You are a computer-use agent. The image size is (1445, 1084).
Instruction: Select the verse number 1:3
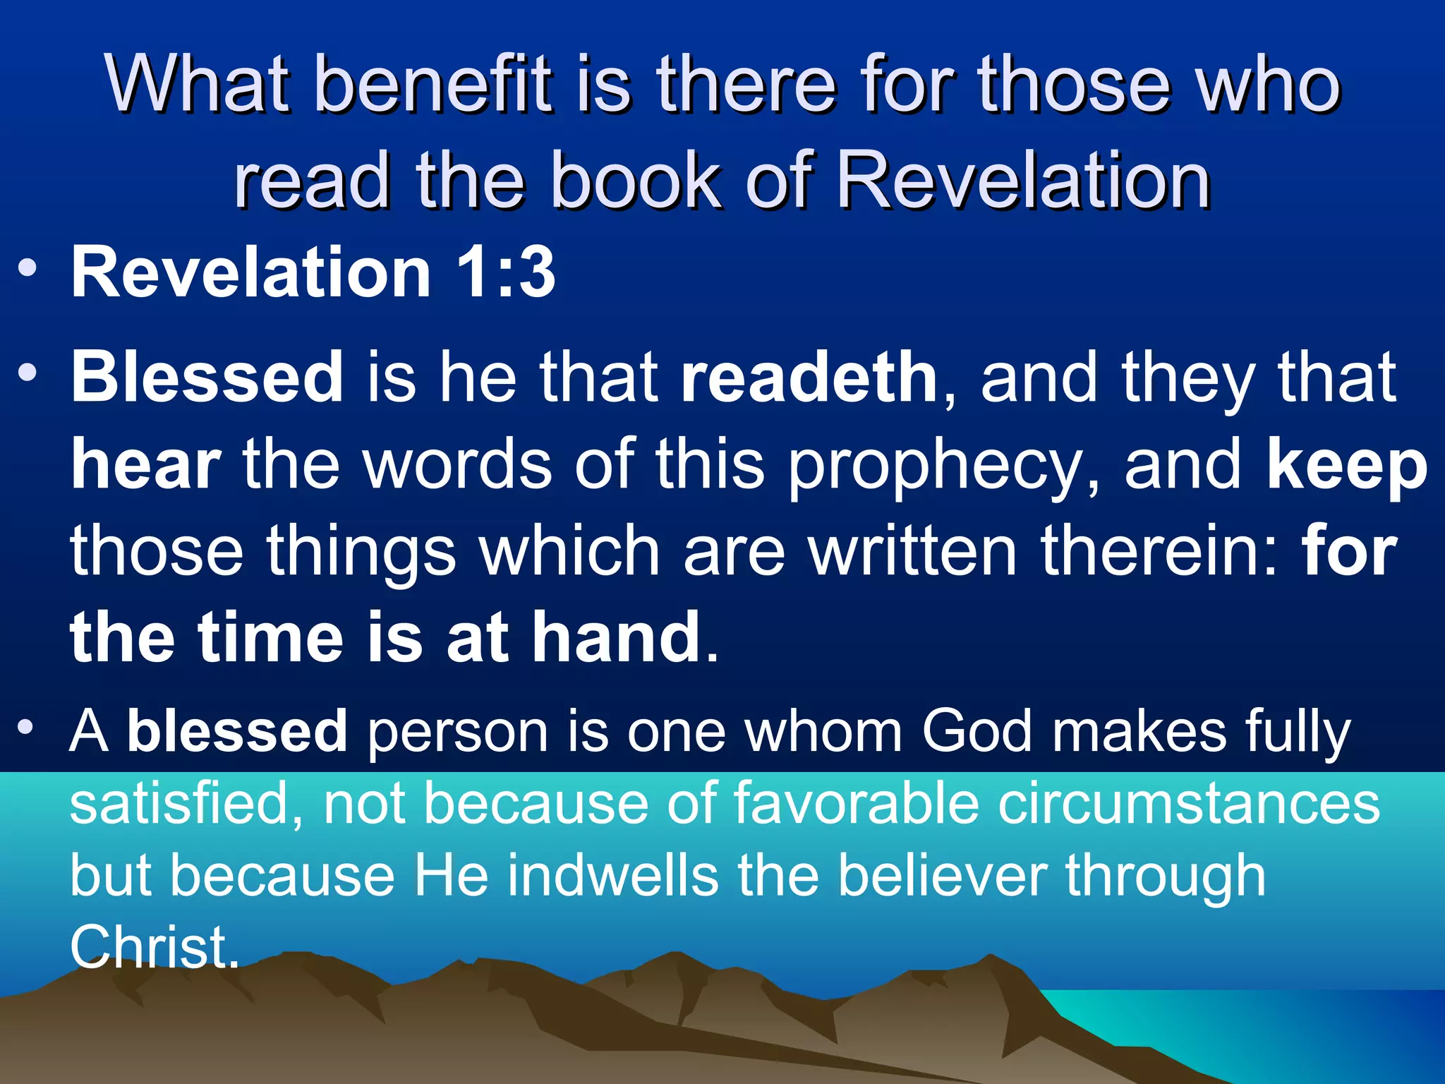click(505, 272)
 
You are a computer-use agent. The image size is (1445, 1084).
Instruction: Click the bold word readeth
click(809, 378)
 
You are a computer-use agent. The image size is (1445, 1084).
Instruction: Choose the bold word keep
click(1346, 467)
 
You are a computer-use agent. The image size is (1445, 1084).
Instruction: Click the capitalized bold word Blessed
click(207, 378)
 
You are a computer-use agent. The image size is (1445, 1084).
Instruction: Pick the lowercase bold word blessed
click(237, 731)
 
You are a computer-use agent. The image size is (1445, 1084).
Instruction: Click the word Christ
click(154, 946)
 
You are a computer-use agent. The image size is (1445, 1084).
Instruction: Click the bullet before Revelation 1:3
click(28, 270)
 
